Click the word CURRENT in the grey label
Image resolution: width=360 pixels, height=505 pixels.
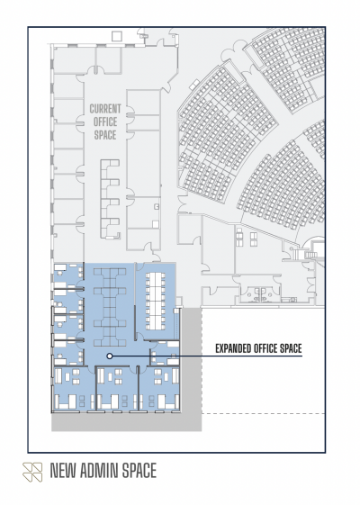point(105,109)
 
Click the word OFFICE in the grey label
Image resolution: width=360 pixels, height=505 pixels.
point(105,122)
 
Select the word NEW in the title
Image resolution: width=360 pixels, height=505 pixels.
point(63,471)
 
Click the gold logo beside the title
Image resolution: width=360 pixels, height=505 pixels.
point(32,472)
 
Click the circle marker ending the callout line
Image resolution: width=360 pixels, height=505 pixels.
point(110,356)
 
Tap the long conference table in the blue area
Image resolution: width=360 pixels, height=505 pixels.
point(156,302)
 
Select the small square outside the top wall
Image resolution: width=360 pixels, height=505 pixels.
point(116,36)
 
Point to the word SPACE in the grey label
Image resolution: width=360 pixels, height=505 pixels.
point(105,135)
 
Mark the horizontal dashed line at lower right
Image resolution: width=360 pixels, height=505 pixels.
point(263,413)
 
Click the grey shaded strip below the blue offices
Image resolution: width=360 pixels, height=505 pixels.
point(127,421)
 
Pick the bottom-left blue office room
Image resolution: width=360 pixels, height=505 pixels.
point(74,388)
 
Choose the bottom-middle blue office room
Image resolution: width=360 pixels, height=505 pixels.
point(117,388)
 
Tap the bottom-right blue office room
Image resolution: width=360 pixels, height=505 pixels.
point(159,388)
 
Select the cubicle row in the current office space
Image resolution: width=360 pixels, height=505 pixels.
point(110,199)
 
